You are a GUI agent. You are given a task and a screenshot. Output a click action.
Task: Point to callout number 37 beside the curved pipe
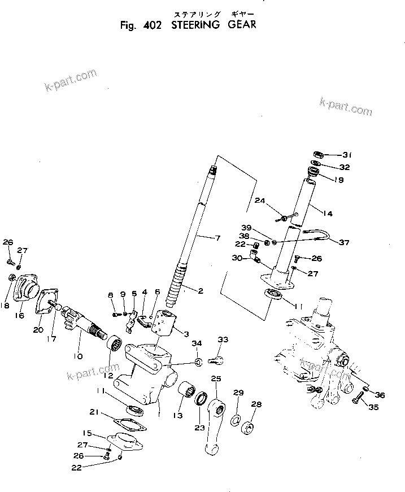(x=343, y=242)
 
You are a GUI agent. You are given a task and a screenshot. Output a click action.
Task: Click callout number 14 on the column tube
(x=329, y=213)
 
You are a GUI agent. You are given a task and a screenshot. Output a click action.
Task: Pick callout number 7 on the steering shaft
(x=217, y=239)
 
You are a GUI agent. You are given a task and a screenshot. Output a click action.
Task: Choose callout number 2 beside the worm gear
(x=200, y=290)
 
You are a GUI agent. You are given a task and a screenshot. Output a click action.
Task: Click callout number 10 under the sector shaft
(x=77, y=356)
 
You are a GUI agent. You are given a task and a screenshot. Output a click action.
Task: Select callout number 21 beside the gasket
(x=94, y=411)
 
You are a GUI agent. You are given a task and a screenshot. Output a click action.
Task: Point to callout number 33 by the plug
(x=223, y=339)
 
